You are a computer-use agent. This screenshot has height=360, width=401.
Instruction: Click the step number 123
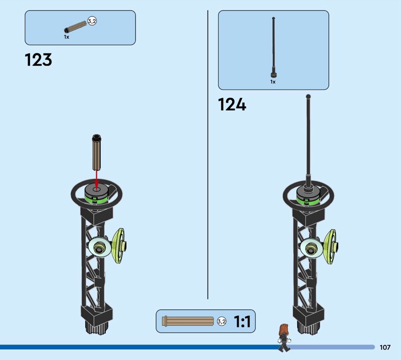click(x=38, y=60)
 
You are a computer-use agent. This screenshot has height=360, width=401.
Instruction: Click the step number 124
click(x=232, y=105)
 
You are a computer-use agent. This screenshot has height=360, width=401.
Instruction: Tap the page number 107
click(x=385, y=347)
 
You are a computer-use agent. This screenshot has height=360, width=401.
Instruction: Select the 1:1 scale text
click(x=243, y=321)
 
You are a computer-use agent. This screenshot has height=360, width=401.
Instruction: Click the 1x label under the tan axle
click(x=66, y=37)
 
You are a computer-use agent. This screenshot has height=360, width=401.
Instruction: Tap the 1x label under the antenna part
click(x=273, y=81)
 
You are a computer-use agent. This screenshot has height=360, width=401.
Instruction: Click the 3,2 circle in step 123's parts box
click(x=92, y=21)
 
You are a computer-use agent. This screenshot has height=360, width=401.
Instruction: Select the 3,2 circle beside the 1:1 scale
click(x=222, y=321)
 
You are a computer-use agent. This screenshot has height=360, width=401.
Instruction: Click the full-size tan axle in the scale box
click(x=188, y=321)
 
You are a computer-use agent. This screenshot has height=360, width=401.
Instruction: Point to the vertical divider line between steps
click(x=208, y=150)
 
